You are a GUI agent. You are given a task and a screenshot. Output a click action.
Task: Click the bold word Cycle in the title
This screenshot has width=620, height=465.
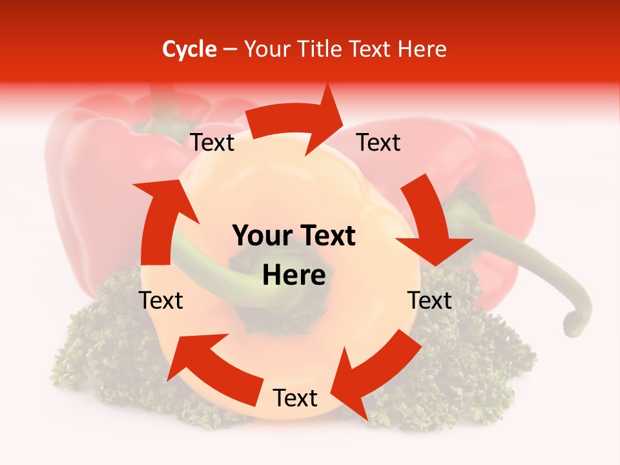pos(189,49)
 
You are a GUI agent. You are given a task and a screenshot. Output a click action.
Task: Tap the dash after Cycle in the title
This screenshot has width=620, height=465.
pos(230,49)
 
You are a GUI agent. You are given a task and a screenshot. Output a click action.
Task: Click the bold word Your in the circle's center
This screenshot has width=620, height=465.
pos(262,236)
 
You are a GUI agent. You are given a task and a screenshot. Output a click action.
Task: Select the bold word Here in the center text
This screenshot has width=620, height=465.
pos(294,275)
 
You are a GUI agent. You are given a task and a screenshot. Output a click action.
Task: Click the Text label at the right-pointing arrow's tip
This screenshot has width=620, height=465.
pos(378,142)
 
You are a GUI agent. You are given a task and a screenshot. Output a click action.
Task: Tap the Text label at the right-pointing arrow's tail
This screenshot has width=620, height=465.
pos(212,142)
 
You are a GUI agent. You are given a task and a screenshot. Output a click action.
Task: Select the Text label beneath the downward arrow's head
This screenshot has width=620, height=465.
pos(429,300)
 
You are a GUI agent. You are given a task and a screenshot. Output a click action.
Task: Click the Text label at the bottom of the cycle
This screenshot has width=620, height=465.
pos(295,398)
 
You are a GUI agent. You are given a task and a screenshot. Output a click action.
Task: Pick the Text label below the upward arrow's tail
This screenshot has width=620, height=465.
pos(161,300)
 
